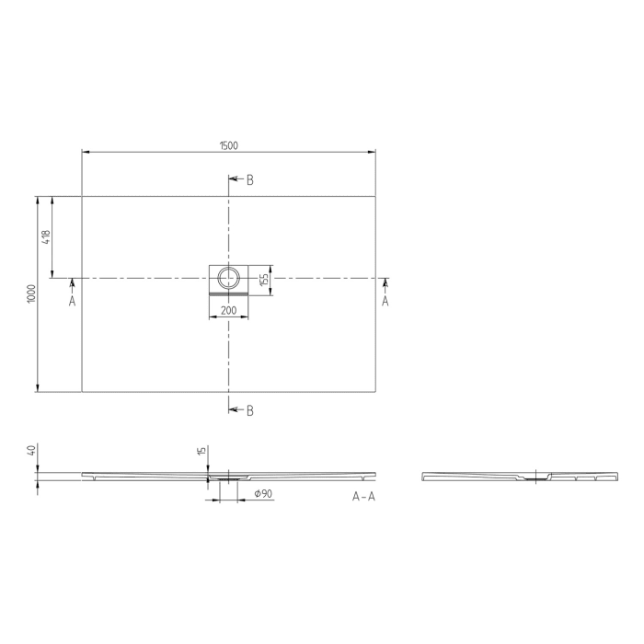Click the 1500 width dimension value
[229, 145]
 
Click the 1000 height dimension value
[31, 293]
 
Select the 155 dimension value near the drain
[263, 279]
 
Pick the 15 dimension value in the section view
[201, 451]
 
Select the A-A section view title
[363, 497]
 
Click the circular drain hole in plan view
[228, 276]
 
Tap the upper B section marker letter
[249, 179]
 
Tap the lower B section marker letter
[249, 410]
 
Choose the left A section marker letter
[72, 301]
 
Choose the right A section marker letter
[385, 301]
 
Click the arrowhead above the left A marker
[72, 282]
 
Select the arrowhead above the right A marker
[385, 282]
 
